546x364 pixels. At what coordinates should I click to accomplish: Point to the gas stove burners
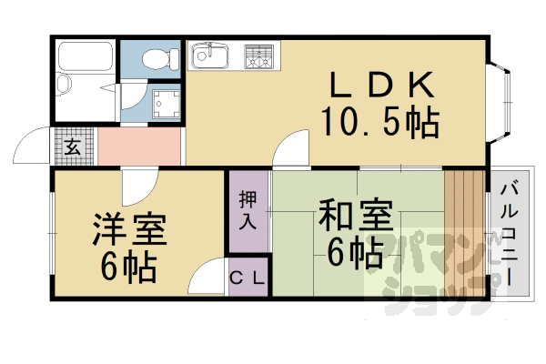coord(258,56)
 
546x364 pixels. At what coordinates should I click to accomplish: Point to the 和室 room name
coord(355,219)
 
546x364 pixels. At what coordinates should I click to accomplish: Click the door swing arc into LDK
coord(293,146)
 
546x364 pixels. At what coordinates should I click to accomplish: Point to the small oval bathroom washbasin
coord(65,86)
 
